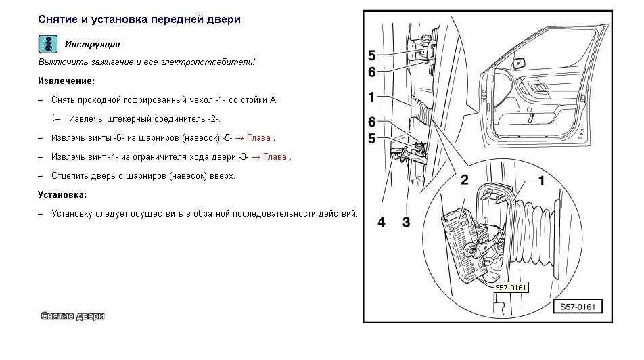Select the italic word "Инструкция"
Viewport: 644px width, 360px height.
tap(92, 45)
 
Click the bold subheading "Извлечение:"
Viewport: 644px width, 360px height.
tap(66, 81)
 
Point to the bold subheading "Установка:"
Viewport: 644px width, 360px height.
tap(62, 194)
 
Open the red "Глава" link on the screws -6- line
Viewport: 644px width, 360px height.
tap(259, 137)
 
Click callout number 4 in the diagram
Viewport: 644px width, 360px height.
tap(382, 221)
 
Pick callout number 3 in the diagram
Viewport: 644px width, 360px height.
tap(406, 221)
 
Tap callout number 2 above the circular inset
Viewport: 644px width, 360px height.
tap(465, 180)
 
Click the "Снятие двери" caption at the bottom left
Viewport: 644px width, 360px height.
tap(72, 316)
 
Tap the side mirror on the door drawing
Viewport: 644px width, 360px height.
tap(520, 63)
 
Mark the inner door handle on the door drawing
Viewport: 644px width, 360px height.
tap(538, 88)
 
